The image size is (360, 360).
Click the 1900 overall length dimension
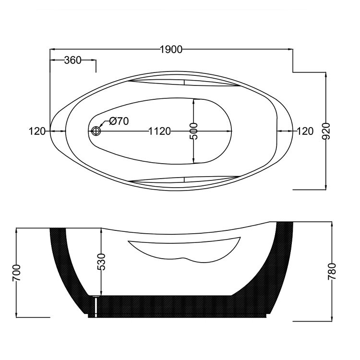[x=171, y=49]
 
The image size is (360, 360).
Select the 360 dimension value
[x=73, y=60]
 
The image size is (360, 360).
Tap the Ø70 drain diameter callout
[x=119, y=121]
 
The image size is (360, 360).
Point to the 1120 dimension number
[x=160, y=132]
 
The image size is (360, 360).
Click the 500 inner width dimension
[x=193, y=131]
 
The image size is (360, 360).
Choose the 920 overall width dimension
[x=326, y=131]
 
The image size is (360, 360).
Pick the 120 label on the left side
[x=37, y=132]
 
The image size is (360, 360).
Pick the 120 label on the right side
[x=305, y=132]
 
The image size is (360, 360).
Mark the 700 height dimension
[x=16, y=273]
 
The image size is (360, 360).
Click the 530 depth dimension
[x=101, y=262]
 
